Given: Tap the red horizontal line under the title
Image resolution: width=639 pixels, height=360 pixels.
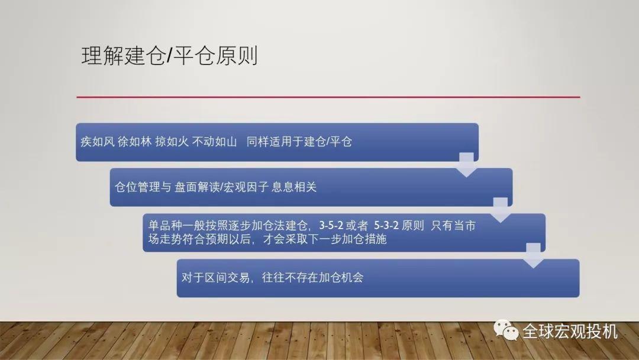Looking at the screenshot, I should click(328, 97).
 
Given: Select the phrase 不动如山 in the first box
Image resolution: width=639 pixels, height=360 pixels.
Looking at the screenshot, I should click(215, 142).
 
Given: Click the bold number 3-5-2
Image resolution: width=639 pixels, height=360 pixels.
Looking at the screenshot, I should click(331, 226).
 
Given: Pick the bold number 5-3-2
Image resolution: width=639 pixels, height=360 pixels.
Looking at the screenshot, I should click(386, 226).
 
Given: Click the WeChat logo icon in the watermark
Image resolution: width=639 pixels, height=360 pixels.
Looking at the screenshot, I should click(506, 330).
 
